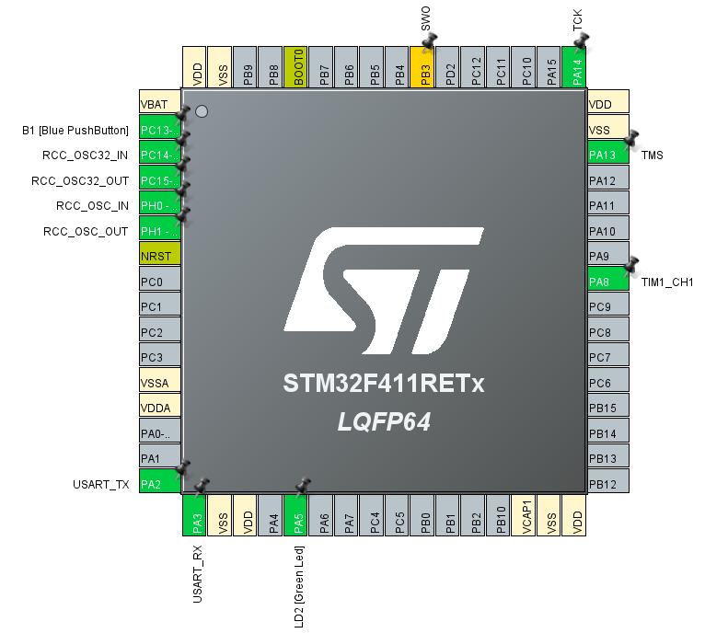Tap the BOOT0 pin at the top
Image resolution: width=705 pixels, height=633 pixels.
point(295,67)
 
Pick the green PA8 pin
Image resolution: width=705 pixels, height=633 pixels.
point(608,281)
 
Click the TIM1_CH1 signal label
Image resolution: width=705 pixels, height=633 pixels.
point(667,282)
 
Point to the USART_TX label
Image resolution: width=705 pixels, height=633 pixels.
point(100,484)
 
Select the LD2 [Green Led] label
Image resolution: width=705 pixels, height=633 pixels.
point(299,587)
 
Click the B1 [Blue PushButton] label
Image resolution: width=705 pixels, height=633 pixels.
point(75,130)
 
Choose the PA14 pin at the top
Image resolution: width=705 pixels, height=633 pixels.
point(574,67)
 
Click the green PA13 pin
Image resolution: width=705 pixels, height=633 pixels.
point(608,155)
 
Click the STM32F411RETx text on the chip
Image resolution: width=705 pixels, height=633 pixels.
point(383,385)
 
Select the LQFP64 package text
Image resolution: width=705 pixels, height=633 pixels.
point(383,423)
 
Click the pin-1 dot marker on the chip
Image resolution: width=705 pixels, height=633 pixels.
point(202,111)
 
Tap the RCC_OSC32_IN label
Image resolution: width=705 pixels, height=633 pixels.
point(86,155)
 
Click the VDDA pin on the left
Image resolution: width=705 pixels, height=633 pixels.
point(159,408)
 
